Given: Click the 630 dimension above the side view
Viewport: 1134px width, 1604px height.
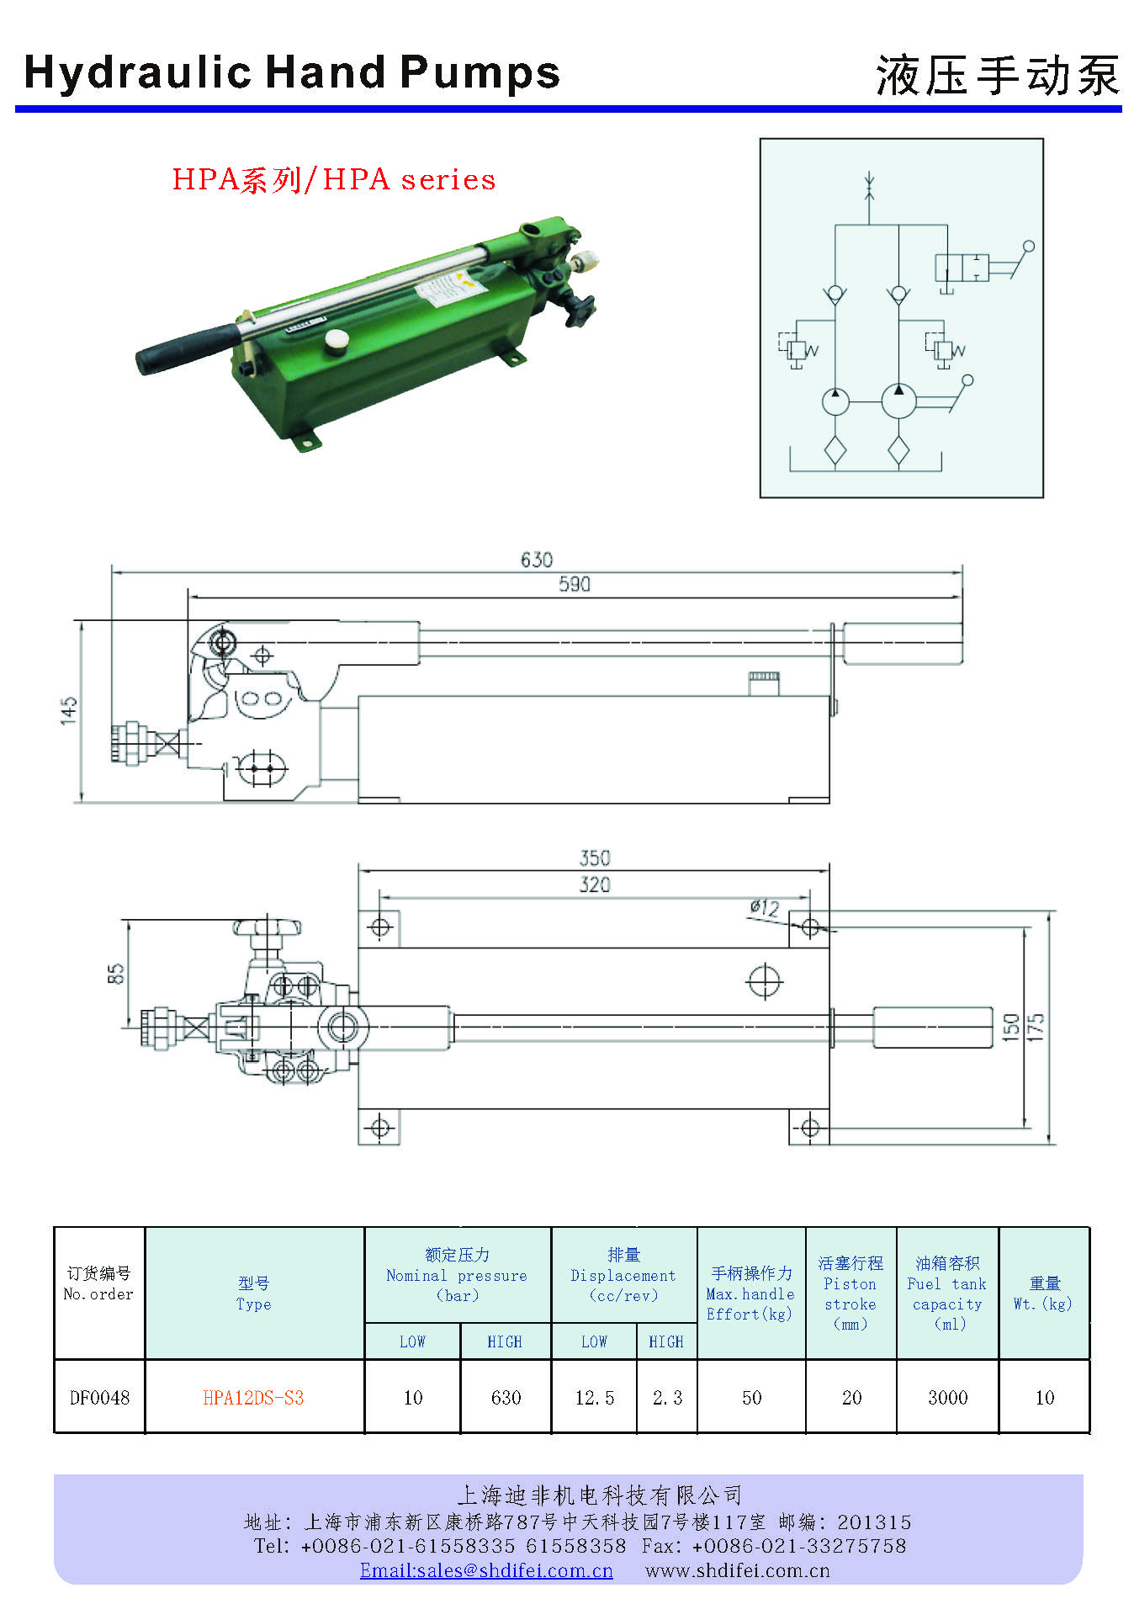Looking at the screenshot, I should coord(537,560).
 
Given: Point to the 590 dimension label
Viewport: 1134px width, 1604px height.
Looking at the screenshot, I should coord(575,584).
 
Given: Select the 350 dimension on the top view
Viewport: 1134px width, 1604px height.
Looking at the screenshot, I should coord(595,858).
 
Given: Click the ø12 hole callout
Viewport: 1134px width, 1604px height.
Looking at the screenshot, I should coord(765,908).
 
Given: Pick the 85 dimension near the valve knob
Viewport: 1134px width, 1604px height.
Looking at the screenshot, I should coord(116,974).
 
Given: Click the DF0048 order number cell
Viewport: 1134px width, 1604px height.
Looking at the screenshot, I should coord(99,1398).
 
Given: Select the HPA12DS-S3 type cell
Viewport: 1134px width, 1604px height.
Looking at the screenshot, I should coord(253,1398).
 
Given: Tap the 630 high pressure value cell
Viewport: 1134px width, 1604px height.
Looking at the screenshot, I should coord(506,1398).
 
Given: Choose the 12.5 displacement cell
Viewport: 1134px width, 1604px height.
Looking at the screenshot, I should coord(594,1398).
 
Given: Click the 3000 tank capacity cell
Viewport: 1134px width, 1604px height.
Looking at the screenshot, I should coord(947,1398).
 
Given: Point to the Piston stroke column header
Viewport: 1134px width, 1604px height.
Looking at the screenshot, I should coord(850,1293).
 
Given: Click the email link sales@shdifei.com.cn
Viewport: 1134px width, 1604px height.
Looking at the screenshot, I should coord(486,1570).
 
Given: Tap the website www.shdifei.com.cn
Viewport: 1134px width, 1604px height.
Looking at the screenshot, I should coord(737,1570).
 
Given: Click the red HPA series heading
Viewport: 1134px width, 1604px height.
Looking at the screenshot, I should coord(334,179).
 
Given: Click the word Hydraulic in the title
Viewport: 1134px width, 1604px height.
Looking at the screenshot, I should coord(138,73).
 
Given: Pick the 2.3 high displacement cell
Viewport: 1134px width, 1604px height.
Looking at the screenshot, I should coord(667,1398).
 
